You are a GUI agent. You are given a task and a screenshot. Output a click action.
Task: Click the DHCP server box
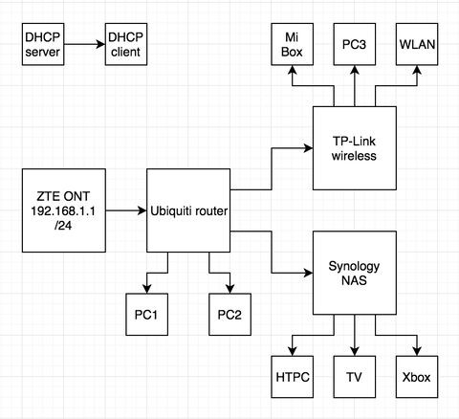click(x=43, y=44)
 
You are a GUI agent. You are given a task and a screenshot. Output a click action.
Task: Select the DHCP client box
click(x=126, y=44)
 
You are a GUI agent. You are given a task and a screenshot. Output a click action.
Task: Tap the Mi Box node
click(x=293, y=44)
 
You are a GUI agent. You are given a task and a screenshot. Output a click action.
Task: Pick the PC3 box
click(x=355, y=44)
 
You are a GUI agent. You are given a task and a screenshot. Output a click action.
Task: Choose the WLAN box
click(x=417, y=44)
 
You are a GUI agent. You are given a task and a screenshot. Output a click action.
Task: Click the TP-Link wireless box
click(x=355, y=148)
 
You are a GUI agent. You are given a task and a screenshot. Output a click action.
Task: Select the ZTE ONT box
click(x=64, y=210)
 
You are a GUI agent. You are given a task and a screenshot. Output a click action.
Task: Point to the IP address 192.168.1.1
click(x=63, y=210)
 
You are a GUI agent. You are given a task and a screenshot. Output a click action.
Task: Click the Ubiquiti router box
click(x=188, y=210)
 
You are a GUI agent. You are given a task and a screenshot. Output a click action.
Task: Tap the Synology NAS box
click(x=355, y=273)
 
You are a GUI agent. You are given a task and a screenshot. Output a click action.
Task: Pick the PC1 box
click(x=147, y=315)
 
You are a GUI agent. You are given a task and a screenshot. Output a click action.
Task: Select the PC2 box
click(x=229, y=315)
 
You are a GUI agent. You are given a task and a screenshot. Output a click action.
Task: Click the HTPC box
click(x=293, y=377)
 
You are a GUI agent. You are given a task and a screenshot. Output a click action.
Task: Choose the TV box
click(x=355, y=377)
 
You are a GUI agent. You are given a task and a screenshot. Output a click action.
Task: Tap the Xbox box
click(x=417, y=377)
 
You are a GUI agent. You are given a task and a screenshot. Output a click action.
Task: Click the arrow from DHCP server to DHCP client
click(x=84, y=44)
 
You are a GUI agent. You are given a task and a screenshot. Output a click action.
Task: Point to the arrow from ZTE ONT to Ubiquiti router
click(x=126, y=210)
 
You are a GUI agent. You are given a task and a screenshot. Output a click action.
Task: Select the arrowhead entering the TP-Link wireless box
click(x=309, y=148)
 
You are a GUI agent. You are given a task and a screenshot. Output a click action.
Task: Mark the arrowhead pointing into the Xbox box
click(x=417, y=351)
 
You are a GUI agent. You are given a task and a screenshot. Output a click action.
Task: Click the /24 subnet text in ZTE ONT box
click(x=63, y=226)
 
